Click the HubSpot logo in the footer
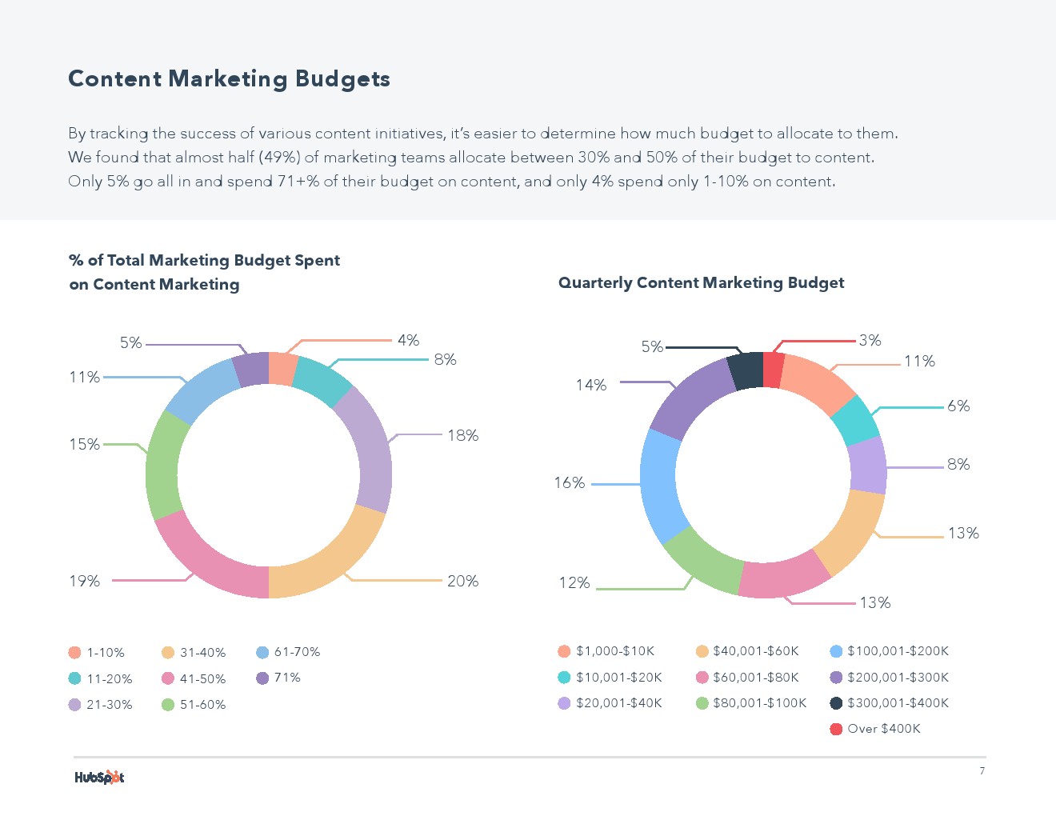(x=99, y=777)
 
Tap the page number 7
(x=982, y=771)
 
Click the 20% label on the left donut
(x=462, y=581)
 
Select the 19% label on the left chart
(x=84, y=581)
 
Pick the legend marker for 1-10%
(x=75, y=653)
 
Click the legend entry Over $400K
(x=883, y=729)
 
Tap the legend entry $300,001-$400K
(x=898, y=703)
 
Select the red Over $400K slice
(x=773, y=370)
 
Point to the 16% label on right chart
(x=569, y=482)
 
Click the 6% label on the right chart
(x=958, y=406)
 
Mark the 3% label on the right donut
(x=870, y=340)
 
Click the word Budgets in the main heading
(x=342, y=78)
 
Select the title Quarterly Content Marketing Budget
(x=701, y=282)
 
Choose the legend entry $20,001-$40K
(x=618, y=703)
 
